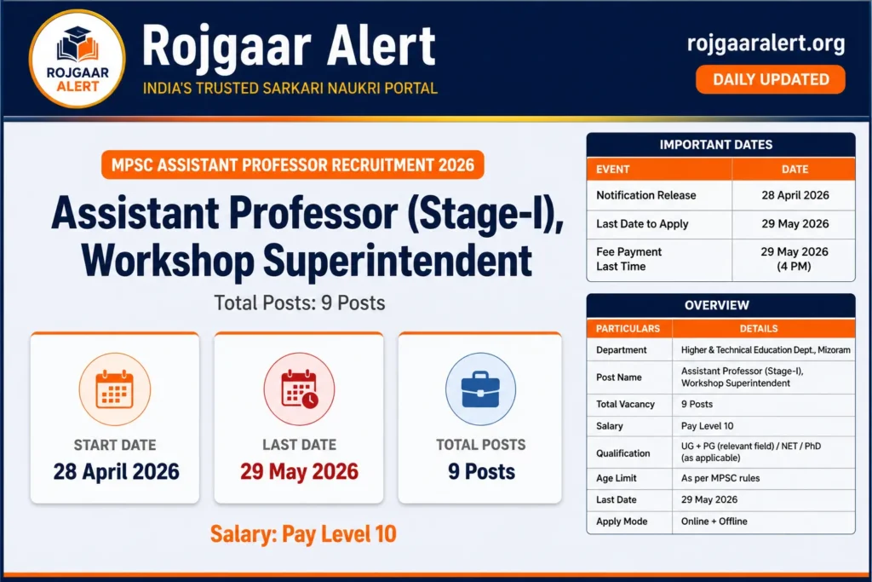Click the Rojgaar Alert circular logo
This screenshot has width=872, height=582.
77,59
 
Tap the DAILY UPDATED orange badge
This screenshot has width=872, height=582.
771,79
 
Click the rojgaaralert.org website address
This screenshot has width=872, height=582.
766,43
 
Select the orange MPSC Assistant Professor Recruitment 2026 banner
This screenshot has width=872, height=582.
293,164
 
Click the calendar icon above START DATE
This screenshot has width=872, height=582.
115,389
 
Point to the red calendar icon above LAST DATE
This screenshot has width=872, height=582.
299,389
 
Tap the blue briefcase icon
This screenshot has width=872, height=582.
481,389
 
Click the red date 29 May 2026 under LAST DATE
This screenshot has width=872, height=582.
299,471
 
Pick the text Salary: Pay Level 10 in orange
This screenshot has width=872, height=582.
303,534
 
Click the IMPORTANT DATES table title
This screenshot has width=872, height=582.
720,145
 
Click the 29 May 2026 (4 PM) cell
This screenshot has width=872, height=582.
794,259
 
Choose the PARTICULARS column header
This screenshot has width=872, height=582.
628,328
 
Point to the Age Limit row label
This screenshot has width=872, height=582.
617,478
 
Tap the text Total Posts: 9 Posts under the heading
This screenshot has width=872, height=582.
299,303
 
